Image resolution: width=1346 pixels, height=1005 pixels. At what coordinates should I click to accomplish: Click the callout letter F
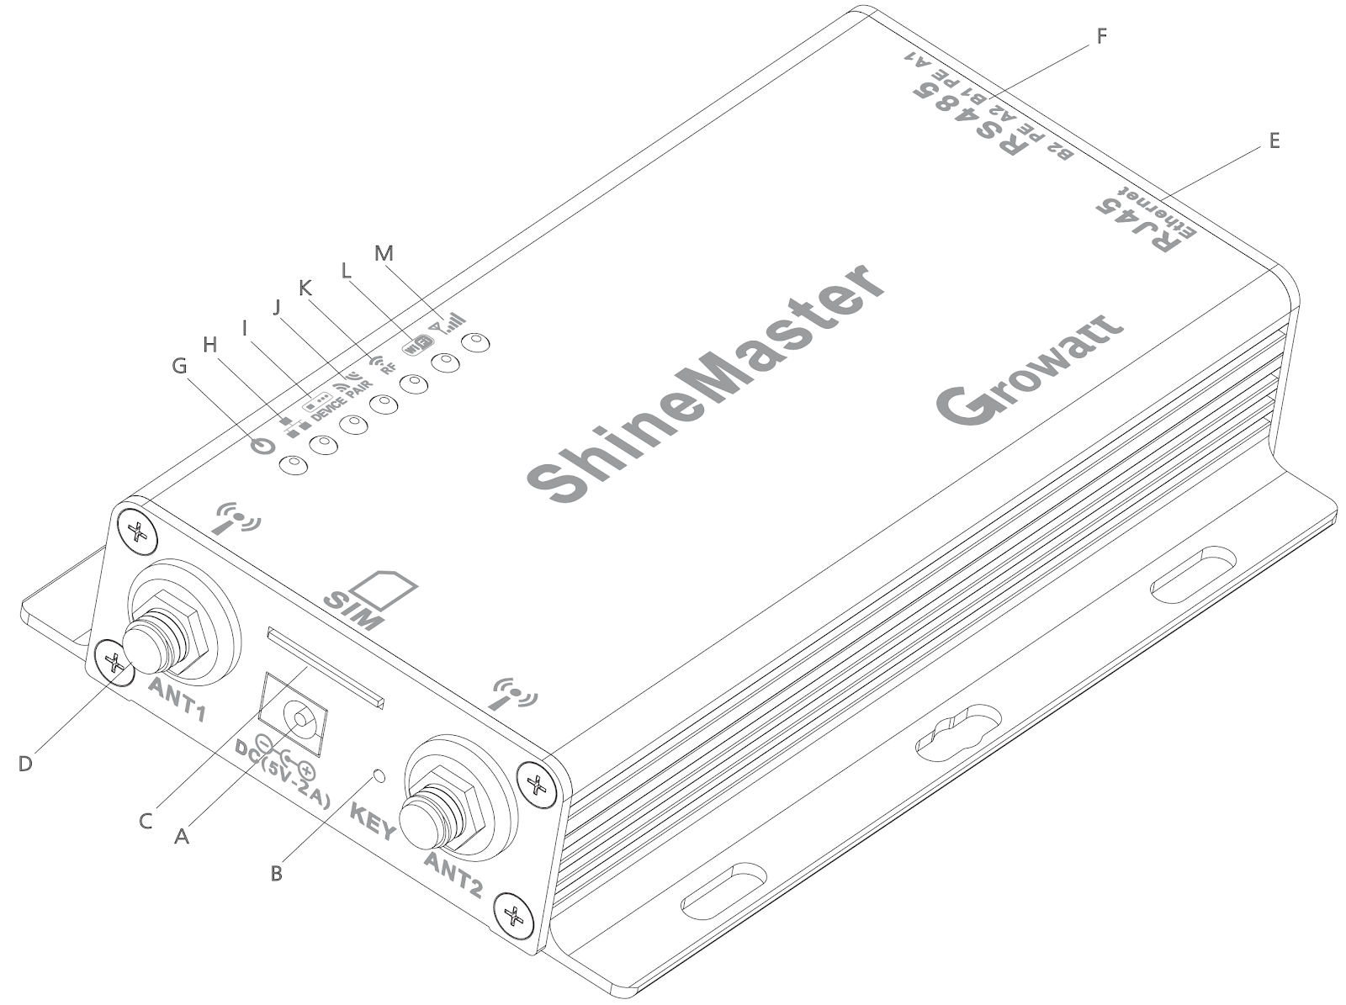pyautogui.click(x=1101, y=36)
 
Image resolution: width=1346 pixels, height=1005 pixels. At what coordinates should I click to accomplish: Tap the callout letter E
pyautogui.click(x=1274, y=141)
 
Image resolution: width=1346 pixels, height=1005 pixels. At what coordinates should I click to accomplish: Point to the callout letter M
pyautogui.click(x=384, y=253)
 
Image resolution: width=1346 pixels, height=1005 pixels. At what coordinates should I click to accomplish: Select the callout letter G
pyautogui.click(x=179, y=366)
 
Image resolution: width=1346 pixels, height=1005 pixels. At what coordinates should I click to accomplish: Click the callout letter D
pyautogui.click(x=25, y=764)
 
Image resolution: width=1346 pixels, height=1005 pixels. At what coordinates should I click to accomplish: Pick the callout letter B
pyautogui.click(x=277, y=873)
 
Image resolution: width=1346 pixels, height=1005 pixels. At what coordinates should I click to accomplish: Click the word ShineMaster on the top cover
pyautogui.click(x=705, y=383)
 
